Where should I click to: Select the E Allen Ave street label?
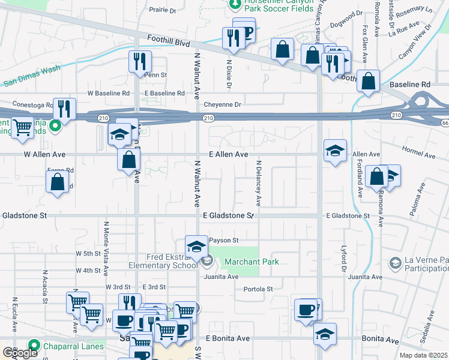229,154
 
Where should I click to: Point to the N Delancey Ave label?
259,182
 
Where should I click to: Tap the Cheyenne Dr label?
222,104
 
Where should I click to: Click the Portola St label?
258,289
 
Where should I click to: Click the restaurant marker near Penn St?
140,61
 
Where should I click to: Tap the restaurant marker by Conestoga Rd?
64,109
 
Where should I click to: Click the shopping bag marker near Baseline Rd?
369,80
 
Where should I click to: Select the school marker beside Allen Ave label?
335,150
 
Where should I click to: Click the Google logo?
20,353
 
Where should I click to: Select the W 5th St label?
88,254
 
